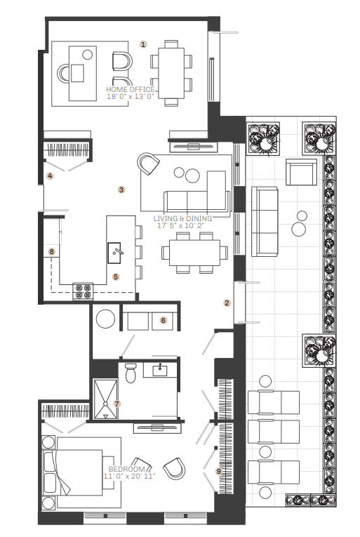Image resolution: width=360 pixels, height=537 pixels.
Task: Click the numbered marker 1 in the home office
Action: point(143,44)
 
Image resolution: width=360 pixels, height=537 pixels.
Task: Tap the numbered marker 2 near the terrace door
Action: point(227,303)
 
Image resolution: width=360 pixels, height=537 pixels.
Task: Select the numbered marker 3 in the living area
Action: point(121,190)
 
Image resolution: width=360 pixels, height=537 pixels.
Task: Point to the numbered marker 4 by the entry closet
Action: point(51,176)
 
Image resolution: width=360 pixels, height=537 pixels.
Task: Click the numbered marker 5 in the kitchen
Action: point(116,277)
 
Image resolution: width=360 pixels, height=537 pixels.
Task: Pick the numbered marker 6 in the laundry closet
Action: point(164,320)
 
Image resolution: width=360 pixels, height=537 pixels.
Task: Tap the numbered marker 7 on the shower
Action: point(116,404)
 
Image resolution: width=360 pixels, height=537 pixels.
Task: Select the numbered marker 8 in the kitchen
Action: point(51,252)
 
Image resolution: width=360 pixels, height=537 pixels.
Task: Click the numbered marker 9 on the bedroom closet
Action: point(219,471)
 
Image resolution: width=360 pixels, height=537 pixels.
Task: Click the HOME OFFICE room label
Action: point(130,89)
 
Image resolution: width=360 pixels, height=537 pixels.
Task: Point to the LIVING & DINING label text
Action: point(182,218)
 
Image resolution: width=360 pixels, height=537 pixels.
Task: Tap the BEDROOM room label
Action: point(127,469)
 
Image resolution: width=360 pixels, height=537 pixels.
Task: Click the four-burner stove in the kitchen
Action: point(84,291)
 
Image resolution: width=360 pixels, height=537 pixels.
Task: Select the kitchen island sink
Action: point(114,253)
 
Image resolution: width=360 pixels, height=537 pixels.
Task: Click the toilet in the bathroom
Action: point(131,373)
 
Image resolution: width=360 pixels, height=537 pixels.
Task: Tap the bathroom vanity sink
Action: point(160,370)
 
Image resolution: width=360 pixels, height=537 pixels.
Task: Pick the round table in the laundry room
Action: point(105,319)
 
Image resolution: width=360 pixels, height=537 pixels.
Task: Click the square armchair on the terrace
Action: point(302,172)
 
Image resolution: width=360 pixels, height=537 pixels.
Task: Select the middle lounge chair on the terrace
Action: point(274,432)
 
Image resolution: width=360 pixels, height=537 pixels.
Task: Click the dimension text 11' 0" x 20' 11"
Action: point(130,476)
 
